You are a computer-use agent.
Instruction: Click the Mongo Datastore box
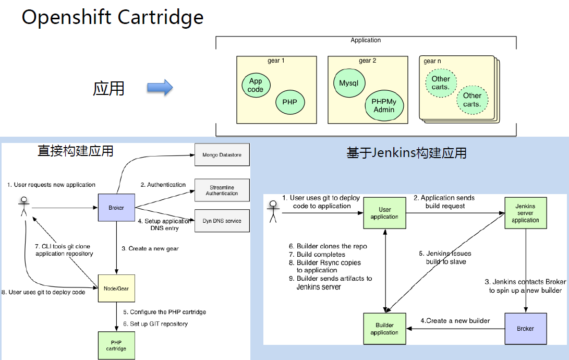(222, 155)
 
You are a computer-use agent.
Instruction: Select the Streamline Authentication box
(222, 190)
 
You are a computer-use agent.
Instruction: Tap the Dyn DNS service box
(222, 221)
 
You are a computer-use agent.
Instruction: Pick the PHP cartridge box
(116, 345)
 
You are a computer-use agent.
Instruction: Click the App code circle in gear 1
(256, 85)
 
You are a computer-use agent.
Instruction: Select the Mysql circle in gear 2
(349, 83)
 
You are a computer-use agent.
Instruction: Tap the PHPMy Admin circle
(384, 106)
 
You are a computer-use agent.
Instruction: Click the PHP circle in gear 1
(289, 102)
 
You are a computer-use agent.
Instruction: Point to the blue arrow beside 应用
(160, 88)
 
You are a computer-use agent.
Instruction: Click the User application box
(385, 213)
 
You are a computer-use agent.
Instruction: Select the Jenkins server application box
(525, 213)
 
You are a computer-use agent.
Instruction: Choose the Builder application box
(385, 328)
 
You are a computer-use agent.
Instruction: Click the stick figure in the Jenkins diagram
(273, 211)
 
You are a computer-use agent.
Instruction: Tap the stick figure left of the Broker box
(22, 207)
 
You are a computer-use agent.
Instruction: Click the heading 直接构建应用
(76, 151)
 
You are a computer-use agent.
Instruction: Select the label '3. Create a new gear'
(150, 248)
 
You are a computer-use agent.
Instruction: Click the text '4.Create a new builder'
(455, 320)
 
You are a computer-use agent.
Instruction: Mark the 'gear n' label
(432, 61)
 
